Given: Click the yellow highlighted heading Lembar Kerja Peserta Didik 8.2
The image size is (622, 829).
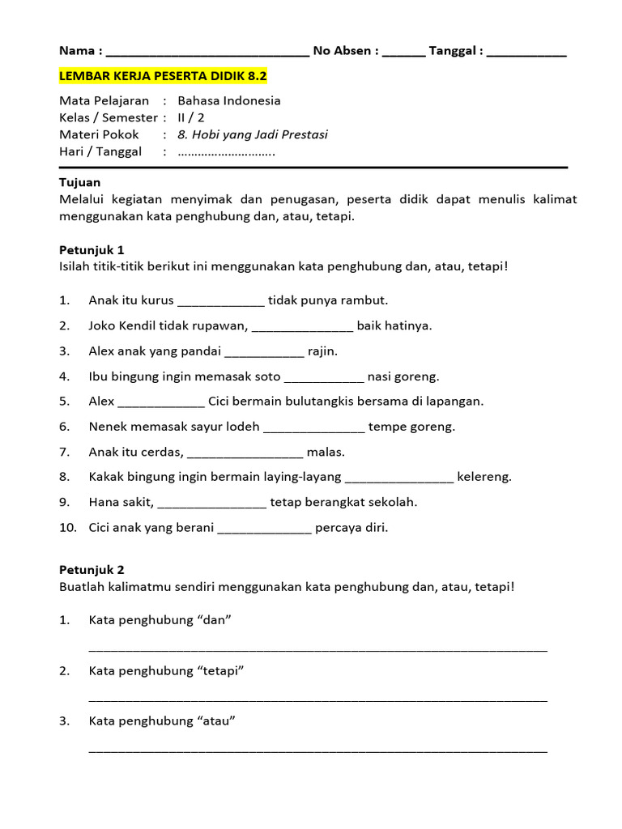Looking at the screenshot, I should (x=163, y=76).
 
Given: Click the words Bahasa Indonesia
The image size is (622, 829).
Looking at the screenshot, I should (x=229, y=101).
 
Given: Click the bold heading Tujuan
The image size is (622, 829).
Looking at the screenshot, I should (x=79, y=182).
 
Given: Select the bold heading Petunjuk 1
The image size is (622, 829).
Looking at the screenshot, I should (x=92, y=249).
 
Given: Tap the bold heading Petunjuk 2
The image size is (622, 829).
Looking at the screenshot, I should (x=92, y=570).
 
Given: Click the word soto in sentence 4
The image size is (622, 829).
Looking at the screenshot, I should (x=266, y=376).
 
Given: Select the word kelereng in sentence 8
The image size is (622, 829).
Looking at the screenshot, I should (x=484, y=477).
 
